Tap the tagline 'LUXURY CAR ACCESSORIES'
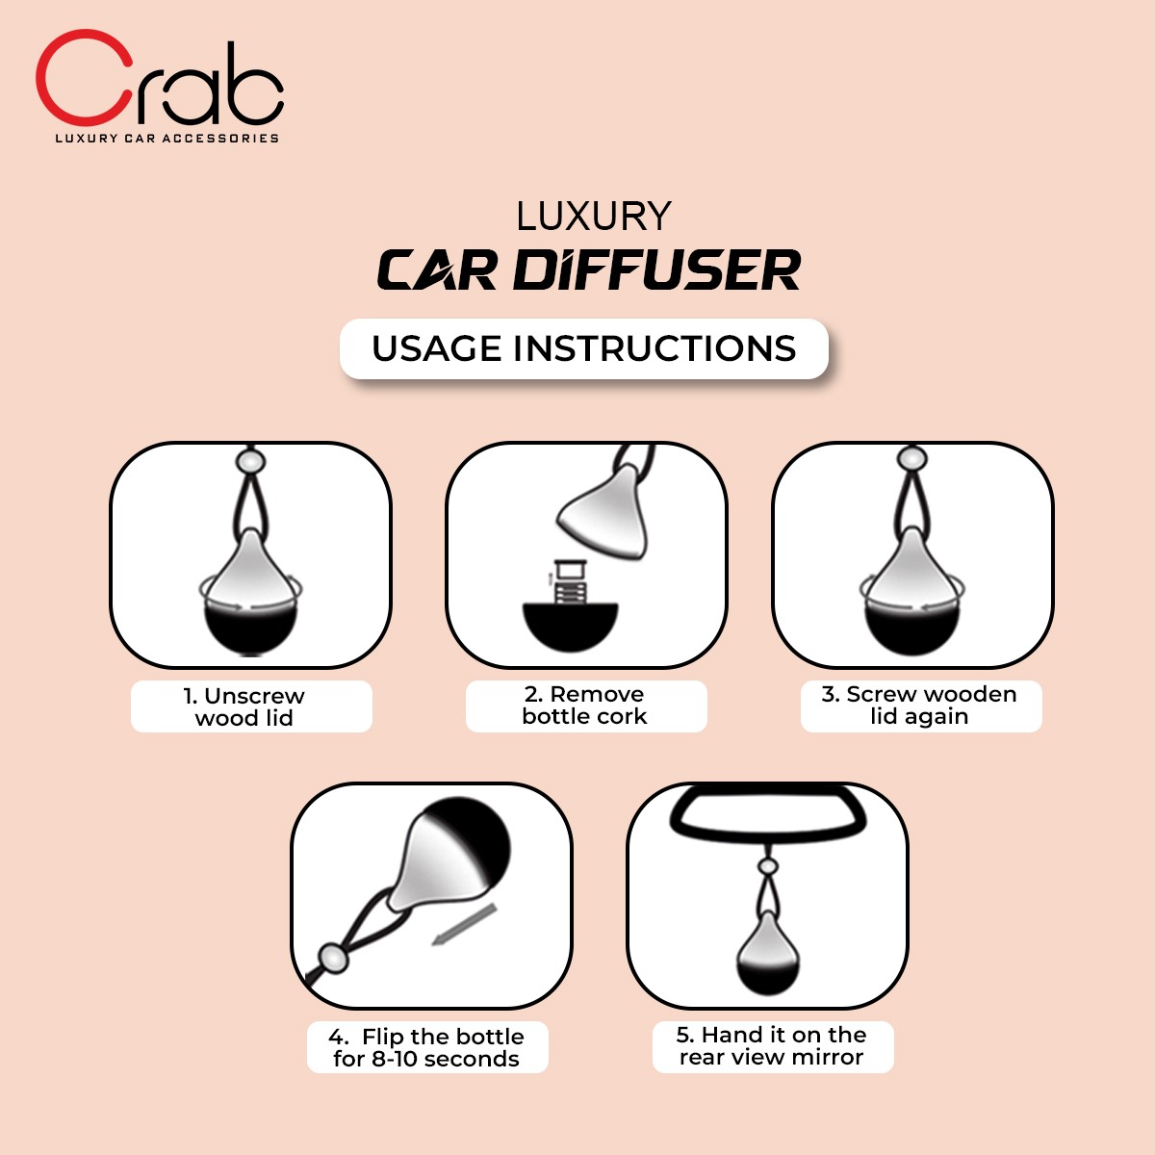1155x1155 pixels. coord(167,139)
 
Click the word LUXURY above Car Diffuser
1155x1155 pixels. coord(594,217)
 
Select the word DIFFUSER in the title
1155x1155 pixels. coord(656,269)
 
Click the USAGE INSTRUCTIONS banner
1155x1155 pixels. coord(584,348)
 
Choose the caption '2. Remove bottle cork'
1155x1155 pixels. coord(584,705)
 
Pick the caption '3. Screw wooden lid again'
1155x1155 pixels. coord(919,705)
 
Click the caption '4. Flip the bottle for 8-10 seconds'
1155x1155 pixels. coord(426,1048)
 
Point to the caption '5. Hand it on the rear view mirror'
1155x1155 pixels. coord(771,1046)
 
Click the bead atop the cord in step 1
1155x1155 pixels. coord(250,460)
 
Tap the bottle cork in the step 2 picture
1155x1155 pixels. coord(570,581)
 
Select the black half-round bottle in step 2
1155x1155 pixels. coord(570,627)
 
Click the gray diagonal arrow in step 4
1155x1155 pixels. coord(464,925)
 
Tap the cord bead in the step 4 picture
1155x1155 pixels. coord(333,958)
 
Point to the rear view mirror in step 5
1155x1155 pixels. coord(768,830)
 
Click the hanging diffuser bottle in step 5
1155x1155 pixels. coord(768,953)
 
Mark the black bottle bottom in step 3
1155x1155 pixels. coord(911,629)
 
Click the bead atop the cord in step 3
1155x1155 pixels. coord(912,459)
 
